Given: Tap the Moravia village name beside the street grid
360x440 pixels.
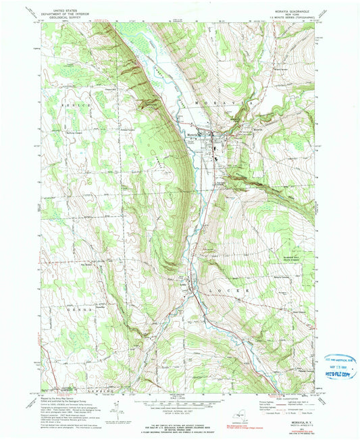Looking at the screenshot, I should click(191, 135).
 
